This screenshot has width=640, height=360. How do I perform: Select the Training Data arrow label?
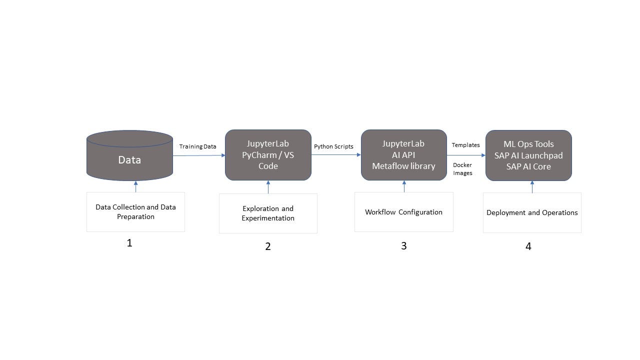[198, 146]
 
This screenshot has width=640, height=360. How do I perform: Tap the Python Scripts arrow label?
[333, 146]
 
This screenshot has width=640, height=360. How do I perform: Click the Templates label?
[465, 145]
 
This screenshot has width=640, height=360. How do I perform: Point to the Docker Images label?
[462, 169]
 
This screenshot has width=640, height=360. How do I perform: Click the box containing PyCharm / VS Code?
[268, 155]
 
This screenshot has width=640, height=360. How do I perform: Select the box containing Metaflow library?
[403, 155]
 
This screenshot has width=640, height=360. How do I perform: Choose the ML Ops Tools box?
[528, 155]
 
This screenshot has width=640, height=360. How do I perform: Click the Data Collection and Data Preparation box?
[135, 212]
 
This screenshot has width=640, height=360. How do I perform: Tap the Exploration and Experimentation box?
[268, 213]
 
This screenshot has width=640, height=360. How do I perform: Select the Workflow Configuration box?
[403, 212]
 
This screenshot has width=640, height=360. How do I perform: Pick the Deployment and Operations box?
[532, 212]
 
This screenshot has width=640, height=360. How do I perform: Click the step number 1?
[129, 243]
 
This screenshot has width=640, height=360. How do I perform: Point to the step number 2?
[268, 246]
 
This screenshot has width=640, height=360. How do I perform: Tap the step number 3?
[403, 246]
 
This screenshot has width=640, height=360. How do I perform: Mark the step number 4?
[528, 246]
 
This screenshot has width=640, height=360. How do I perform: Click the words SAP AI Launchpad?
[528, 155]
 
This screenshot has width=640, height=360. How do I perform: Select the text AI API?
[403, 155]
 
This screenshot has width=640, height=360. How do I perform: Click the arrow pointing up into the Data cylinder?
[135, 186]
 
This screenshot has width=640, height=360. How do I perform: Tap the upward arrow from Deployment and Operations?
[532, 187]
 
